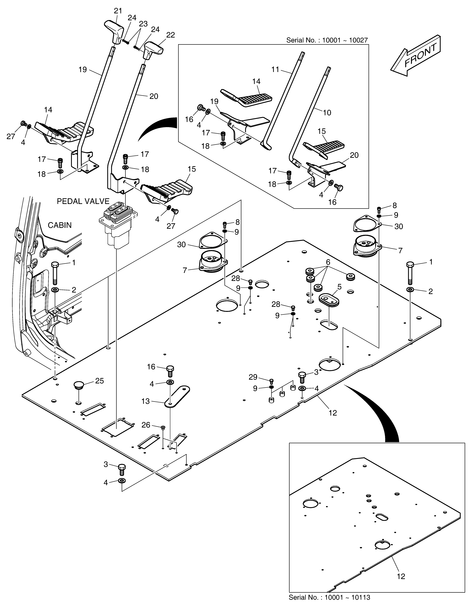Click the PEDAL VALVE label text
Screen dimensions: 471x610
click(83, 201)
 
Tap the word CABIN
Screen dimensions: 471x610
click(60, 225)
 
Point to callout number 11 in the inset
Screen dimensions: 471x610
click(275, 70)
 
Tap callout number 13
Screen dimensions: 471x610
click(145, 401)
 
